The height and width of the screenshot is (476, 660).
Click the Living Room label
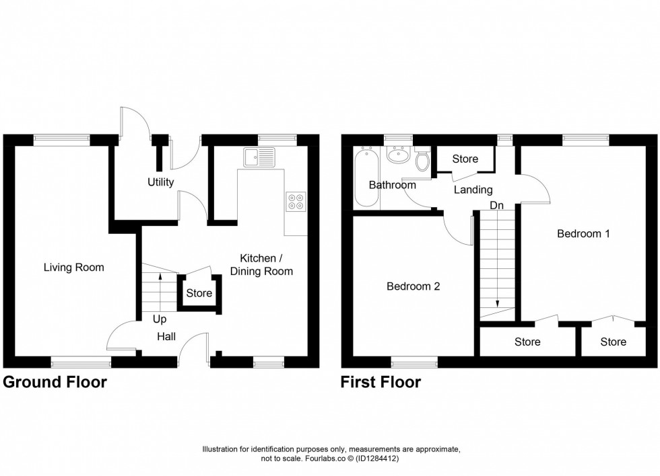(x=73, y=268)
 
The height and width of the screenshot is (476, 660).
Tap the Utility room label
(x=160, y=182)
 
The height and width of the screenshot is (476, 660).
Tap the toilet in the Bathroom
(x=423, y=160)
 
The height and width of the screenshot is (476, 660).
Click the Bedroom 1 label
(x=583, y=234)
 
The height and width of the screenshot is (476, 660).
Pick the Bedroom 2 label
(x=413, y=286)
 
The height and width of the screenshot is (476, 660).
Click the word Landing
(x=473, y=190)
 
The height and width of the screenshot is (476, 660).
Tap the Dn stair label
(x=497, y=205)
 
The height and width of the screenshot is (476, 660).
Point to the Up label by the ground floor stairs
(x=159, y=319)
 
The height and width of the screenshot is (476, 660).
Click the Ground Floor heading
(x=55, y=383)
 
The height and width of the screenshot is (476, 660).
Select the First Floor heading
(x=381, y=383)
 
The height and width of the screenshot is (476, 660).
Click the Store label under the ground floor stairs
(x=199, y=293)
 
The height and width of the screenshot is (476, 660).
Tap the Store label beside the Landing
(x=465, y=159)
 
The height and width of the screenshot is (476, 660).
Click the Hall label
(x=167, y=336)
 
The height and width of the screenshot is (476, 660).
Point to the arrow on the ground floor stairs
(x=160, y=274)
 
